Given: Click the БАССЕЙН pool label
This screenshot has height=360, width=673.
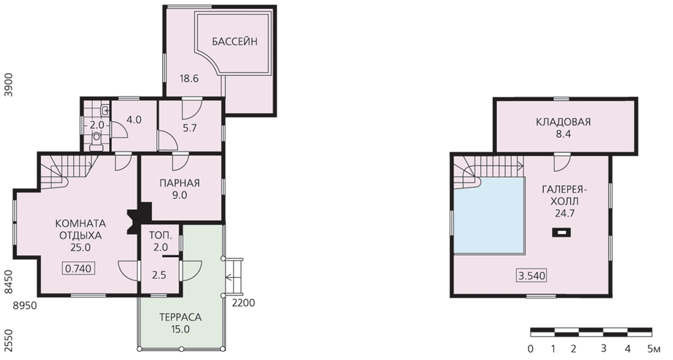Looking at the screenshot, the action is [x=235, y=42].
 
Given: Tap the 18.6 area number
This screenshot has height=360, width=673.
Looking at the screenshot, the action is [x=189, y=79].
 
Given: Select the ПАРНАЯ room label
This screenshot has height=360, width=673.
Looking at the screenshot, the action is [x=180, y=183].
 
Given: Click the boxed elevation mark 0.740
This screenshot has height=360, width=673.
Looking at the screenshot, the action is [x=79, y=268].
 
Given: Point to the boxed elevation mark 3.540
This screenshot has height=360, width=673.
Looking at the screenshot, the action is [x=532, y=275].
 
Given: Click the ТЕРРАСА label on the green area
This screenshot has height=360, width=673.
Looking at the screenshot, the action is [x=180, y=318].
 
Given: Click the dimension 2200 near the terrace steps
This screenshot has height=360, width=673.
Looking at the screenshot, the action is [x=244, y=303].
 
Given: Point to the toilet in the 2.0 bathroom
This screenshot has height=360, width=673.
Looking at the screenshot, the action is [x=96, y=141].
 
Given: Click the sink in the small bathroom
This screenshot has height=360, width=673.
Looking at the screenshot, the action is [x=104, y=111].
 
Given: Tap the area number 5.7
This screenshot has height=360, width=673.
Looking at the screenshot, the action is [x=189, y=128].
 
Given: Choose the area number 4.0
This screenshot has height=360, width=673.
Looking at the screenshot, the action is [x=135, y=120].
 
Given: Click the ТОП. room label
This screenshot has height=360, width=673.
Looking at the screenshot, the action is [x=161, y=235].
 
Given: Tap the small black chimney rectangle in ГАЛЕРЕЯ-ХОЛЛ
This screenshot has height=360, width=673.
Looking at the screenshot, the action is [x=561, y=233].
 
